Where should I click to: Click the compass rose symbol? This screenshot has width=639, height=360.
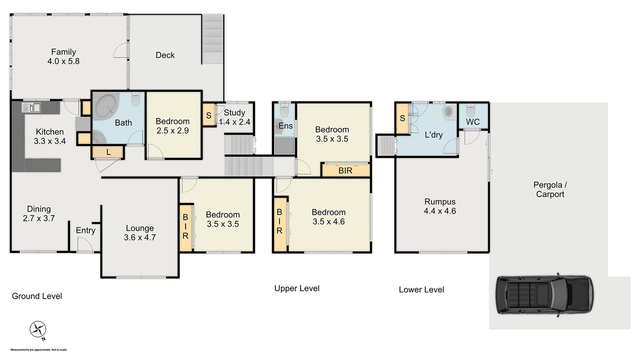coord(38,329)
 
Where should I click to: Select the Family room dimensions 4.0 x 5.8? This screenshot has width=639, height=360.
coord(63,61)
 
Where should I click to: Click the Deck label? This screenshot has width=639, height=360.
coord(165,55)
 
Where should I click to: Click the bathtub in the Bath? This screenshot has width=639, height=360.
coord(106,106)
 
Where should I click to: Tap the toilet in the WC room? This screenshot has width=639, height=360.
coord(470,110)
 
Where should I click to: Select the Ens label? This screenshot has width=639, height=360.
coord(286,126)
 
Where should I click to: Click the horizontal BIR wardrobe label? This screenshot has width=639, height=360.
coord(345,171)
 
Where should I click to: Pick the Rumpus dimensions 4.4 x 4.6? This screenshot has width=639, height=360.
coord(440,211)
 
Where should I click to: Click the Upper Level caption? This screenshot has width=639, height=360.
coord(297,288)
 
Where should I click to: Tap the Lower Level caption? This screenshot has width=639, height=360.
coord(421,290)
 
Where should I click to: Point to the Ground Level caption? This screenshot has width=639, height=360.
coord(37,296)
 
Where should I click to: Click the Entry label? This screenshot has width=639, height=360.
coord(85,230)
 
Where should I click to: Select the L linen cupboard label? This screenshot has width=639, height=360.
coord(108,152)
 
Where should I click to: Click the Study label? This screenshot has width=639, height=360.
coord(234,113)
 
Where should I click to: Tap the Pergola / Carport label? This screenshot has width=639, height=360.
coord(550,189)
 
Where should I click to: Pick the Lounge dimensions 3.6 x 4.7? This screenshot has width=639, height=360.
coord(140,237)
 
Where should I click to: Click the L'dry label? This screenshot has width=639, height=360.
coord(434,135)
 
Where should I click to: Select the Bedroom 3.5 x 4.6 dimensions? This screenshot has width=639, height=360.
coord(328,222)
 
